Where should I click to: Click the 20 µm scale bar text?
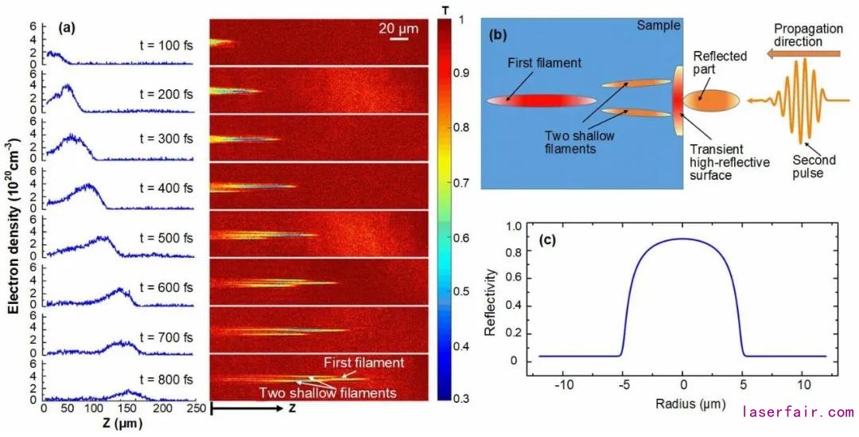click(393, 28)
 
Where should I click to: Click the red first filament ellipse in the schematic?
click(541, 100)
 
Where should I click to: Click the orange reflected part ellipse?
click(711, 100)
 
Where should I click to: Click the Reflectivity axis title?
click(490, 293)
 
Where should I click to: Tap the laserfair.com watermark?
click(797, 412)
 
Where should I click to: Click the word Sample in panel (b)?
click(658, 25)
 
